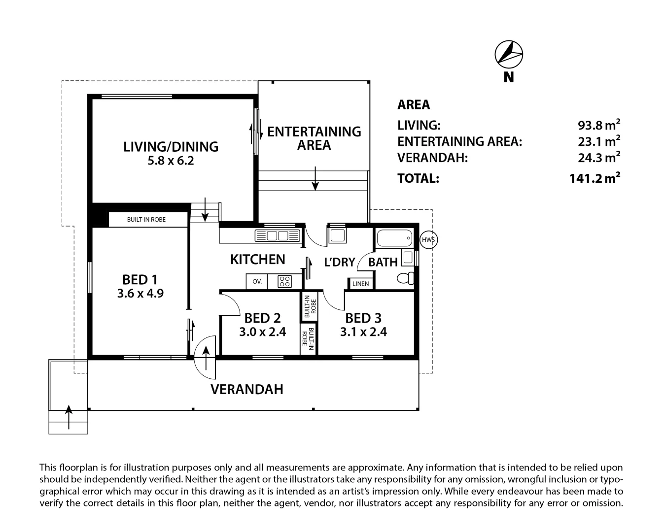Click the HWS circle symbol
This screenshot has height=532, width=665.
tap(428, 240)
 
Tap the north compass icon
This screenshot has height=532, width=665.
tap(509, 54)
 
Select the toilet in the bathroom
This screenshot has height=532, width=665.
tap(405, 278)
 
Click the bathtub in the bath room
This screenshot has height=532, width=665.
tap(394, 238)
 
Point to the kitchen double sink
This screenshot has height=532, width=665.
tap(278, 235)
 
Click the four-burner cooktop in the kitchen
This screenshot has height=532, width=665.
tap(284, 282)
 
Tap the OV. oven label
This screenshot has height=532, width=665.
tap(257, 282)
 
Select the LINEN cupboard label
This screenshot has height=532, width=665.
tap(361, 284)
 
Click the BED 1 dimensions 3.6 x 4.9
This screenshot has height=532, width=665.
tap(140, 293)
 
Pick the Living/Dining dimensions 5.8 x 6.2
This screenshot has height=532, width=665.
tap(171, 161)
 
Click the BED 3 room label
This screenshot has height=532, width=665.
tap(363, 318)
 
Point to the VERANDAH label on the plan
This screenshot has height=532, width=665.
tap(247, 389)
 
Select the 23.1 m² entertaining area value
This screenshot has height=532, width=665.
tap(599, 141)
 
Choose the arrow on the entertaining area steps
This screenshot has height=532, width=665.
tap(315, 178)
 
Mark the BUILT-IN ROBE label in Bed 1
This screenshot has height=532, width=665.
tap(146, 220)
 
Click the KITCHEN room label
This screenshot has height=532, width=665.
tap(258, 260)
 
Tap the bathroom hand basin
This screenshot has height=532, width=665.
tap(408, 258)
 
